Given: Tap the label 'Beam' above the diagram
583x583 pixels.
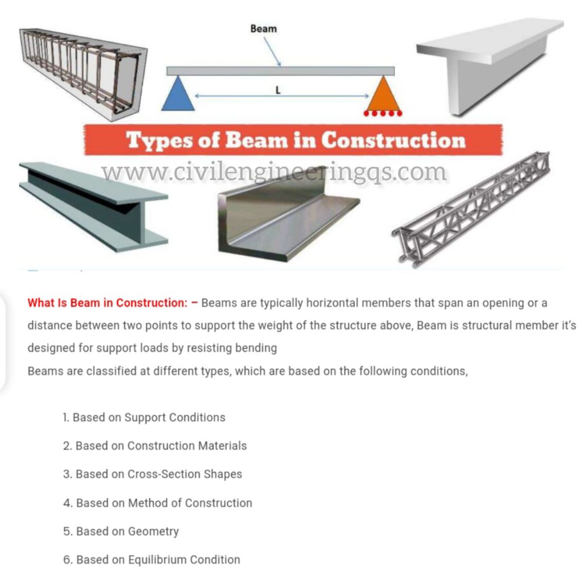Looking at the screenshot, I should (x=264, y=28).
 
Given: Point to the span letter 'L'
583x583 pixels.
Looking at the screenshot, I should (x=278, y=89).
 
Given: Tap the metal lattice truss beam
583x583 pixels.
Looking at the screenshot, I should (x=471, y=208).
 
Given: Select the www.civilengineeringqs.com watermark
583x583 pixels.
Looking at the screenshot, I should (x=273, y=171).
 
